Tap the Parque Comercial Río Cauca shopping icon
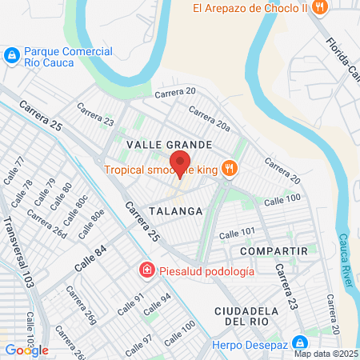click(x=11, y=54)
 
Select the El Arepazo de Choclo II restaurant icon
click(x=319, y=8)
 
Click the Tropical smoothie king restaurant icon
click(x=229, y=168)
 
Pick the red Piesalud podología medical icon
click(x=146, y=270)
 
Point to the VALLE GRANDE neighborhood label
click(x=170, y=145)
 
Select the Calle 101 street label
click(x=237, y=232)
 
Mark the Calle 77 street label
click(x=14, y=171)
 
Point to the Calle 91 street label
click(x=130, y=305)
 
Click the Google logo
click(x=26, y=350)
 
